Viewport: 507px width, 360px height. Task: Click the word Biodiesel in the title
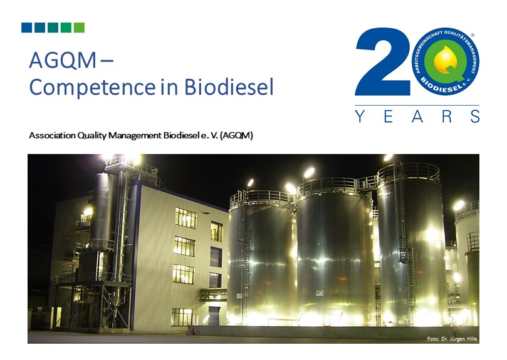[229, 86]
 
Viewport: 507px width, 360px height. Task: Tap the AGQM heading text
[63, 60]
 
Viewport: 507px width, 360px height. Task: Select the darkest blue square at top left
[26, 28]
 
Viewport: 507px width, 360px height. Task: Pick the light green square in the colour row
[79, 28]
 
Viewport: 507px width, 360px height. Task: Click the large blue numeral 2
[382, 61]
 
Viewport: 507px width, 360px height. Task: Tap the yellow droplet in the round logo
[445, 59]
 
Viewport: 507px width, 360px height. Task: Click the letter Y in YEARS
[360, 116]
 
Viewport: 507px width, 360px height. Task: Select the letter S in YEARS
[475, 116]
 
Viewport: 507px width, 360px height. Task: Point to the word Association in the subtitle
[53, 135]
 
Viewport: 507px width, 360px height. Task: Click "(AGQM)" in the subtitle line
[236, 135]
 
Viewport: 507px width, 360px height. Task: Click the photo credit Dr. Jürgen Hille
[459, 339]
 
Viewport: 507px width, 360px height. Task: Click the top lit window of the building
[186, 218]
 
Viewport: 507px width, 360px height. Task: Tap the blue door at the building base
[214, 316]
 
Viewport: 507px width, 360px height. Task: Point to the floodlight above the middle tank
[309, 172]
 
